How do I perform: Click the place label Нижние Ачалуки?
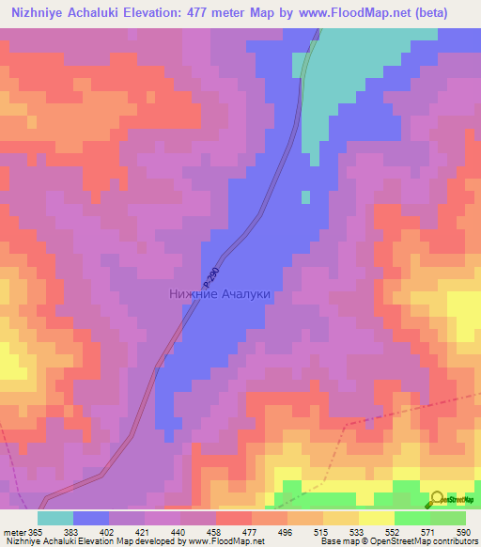[220, 294]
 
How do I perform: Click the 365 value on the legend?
[36, 532]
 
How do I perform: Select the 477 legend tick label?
[251, 532]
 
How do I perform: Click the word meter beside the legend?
[13, 532]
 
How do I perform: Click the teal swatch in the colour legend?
[54, 518]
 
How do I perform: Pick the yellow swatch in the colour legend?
[376, 518]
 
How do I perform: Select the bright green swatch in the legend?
[411, 518]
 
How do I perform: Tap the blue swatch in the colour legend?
[90, 518]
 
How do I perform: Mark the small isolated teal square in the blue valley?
[305, 196]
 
